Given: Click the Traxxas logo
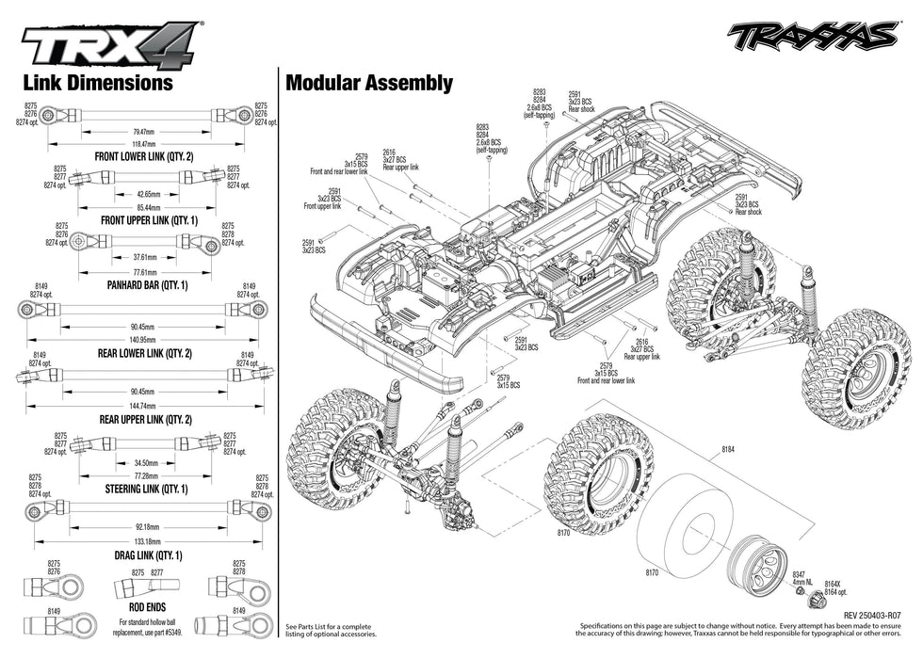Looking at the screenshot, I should click(812, 36).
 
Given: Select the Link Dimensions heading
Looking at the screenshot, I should click(98, 83).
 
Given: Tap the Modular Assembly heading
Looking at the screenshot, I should click(369, 83).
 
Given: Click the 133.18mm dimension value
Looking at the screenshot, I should click(144, 541).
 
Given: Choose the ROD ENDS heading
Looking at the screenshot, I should click(143, 608).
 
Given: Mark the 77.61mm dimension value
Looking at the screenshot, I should click(144, 270).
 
